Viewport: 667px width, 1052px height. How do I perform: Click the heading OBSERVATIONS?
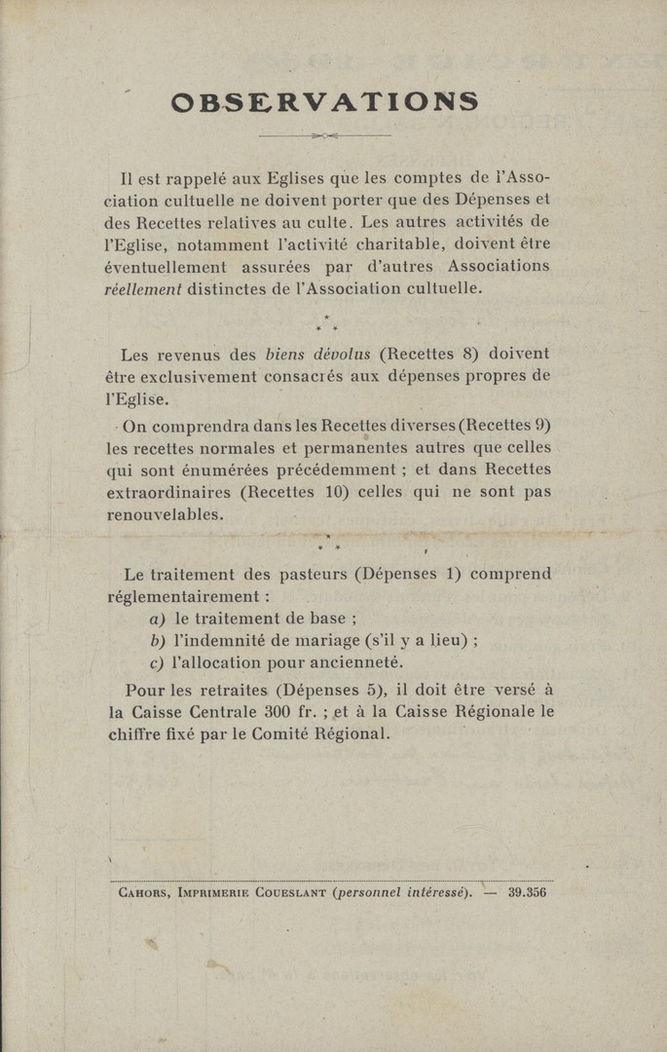point(324,101)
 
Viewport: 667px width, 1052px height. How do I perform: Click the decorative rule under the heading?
point(324,135)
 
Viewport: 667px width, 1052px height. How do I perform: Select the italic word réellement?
point(144,288)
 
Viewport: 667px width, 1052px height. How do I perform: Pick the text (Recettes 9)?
point(499,425)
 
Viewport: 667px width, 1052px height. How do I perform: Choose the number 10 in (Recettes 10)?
point(337,492)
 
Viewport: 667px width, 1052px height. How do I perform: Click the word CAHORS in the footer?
point(139,890)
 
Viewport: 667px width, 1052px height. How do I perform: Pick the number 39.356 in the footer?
point(527,890)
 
